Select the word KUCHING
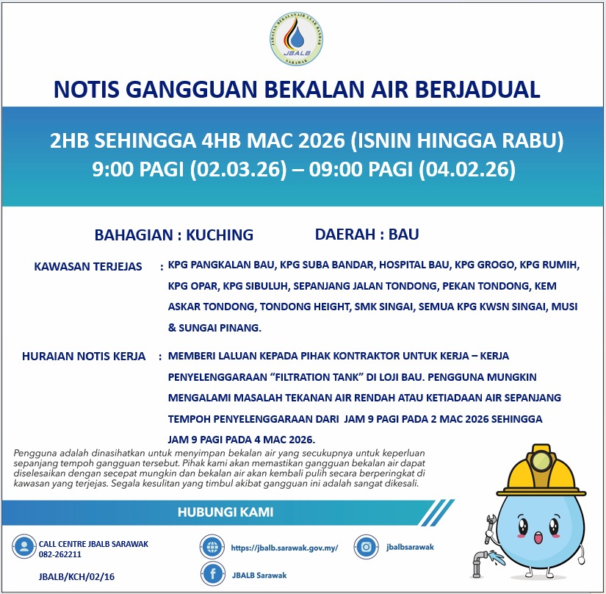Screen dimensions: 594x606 pyautogui.click(x=220, y=235)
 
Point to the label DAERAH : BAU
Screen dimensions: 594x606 pyautogui.click(x=367, y=235)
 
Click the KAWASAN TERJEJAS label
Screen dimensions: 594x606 pyautogui.click(x=88, y=266)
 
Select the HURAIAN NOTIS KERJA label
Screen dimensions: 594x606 pyautogui.click(x=84, y=357)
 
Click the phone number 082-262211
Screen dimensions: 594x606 pyautogui.click(x=60, y=554)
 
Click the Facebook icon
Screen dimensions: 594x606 pyautogui.click(x=212, y=575)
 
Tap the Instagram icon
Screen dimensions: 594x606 pyautogui.click(x=365, y=546)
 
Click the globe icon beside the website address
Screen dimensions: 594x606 pyautogui.click(x=212, y=547)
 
